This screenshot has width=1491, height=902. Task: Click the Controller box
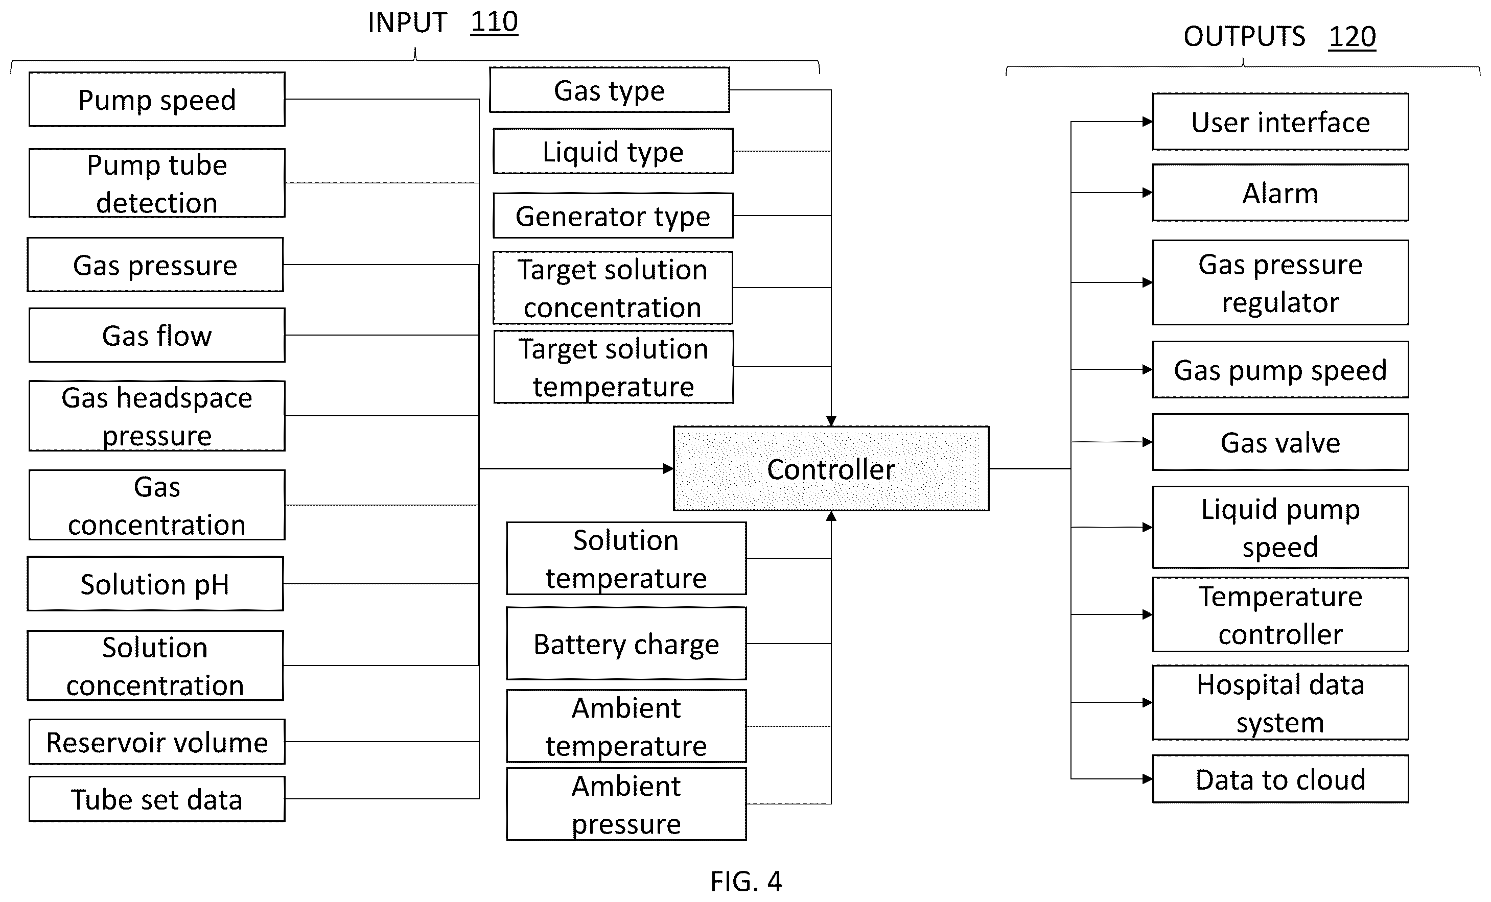pyautogui.click(x=831, y=469)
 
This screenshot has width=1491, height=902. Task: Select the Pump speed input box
pyautogui.click(x=157, y=99)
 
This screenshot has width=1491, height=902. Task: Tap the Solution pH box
pyautogui.click(x=155, y=584)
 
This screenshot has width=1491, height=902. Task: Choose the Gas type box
pyautogui.click(x=610, y=90)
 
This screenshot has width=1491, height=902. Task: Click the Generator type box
pyautogui.click(x=613, y=216)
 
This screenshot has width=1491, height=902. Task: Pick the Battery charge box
pyautogui.click(x=626, y=644)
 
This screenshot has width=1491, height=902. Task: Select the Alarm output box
pyautogui.click(x=1280, y=193)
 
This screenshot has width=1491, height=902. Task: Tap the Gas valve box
pyautogui.click(x=1280, y=442)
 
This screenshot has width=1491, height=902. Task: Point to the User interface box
pyautogui.click(x=1280, y=122)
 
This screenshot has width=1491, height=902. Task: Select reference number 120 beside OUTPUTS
pyautogui.click(x=1352, y=37)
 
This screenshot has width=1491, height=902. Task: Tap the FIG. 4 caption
pyautogui.click(x=746, y=882)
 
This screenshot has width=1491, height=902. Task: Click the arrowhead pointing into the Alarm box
pyautogui.click(x=1147, y=193)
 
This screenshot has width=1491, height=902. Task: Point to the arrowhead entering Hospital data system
pyautogui.click(x=1147, y=702)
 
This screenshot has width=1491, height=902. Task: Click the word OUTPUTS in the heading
pyautogui.click(x=1244, y=37)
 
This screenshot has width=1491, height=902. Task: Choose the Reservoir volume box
pyautogui.click(x=157, y=742)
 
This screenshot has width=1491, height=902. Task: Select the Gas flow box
pyautogui.click(x=157, y=335)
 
